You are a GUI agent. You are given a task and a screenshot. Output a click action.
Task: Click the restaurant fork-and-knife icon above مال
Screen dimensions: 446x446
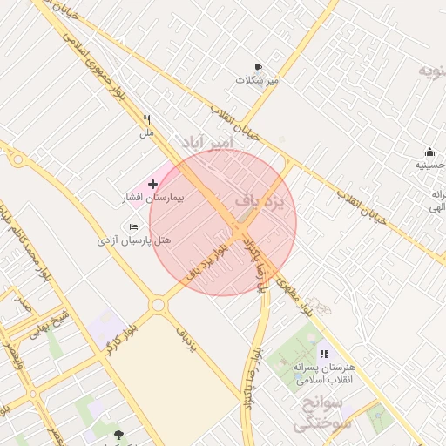pyautogui.click(x=146, y=120)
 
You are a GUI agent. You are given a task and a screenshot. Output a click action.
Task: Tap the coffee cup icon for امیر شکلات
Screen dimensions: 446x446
pyautogui.click(x=258, y=68)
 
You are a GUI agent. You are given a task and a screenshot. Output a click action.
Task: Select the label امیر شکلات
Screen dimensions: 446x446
pyautogui.click(x=258, y=80)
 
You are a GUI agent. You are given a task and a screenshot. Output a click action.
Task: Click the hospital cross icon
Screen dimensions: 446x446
pyautogui.click(x=153, y=184)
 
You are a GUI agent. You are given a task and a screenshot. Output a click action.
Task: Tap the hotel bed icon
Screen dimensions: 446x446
pyautogui.click(x=133, y=226)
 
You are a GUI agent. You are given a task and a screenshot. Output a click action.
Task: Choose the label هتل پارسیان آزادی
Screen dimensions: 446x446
pyautogui.click(x=134, y=240)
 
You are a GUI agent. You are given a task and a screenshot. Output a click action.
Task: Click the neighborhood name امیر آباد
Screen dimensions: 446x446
pyautogui.click(x=208, y=142)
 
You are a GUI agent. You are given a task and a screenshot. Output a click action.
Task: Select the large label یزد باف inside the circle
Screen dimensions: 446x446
pyautogui.click(x=260, y=202)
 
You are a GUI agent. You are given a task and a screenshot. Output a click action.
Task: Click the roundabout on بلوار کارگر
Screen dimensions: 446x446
pyautogui.click(x=158, y=305)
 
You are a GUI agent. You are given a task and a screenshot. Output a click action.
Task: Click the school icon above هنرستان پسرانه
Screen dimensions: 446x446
pyautogui.click(x=324, y=355)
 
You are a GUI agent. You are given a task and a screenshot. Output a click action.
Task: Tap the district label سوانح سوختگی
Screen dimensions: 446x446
pyautogui.click(x=320, y=414)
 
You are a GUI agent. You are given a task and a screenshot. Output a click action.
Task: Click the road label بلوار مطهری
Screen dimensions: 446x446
pyautogui.click(x=293, y=293)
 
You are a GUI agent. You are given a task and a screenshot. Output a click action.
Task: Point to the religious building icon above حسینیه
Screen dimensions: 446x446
pyautogui.click(x=429, y=152)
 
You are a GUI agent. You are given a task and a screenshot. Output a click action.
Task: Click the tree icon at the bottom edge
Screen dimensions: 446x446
pyautogui.click(x=118, y=434)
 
